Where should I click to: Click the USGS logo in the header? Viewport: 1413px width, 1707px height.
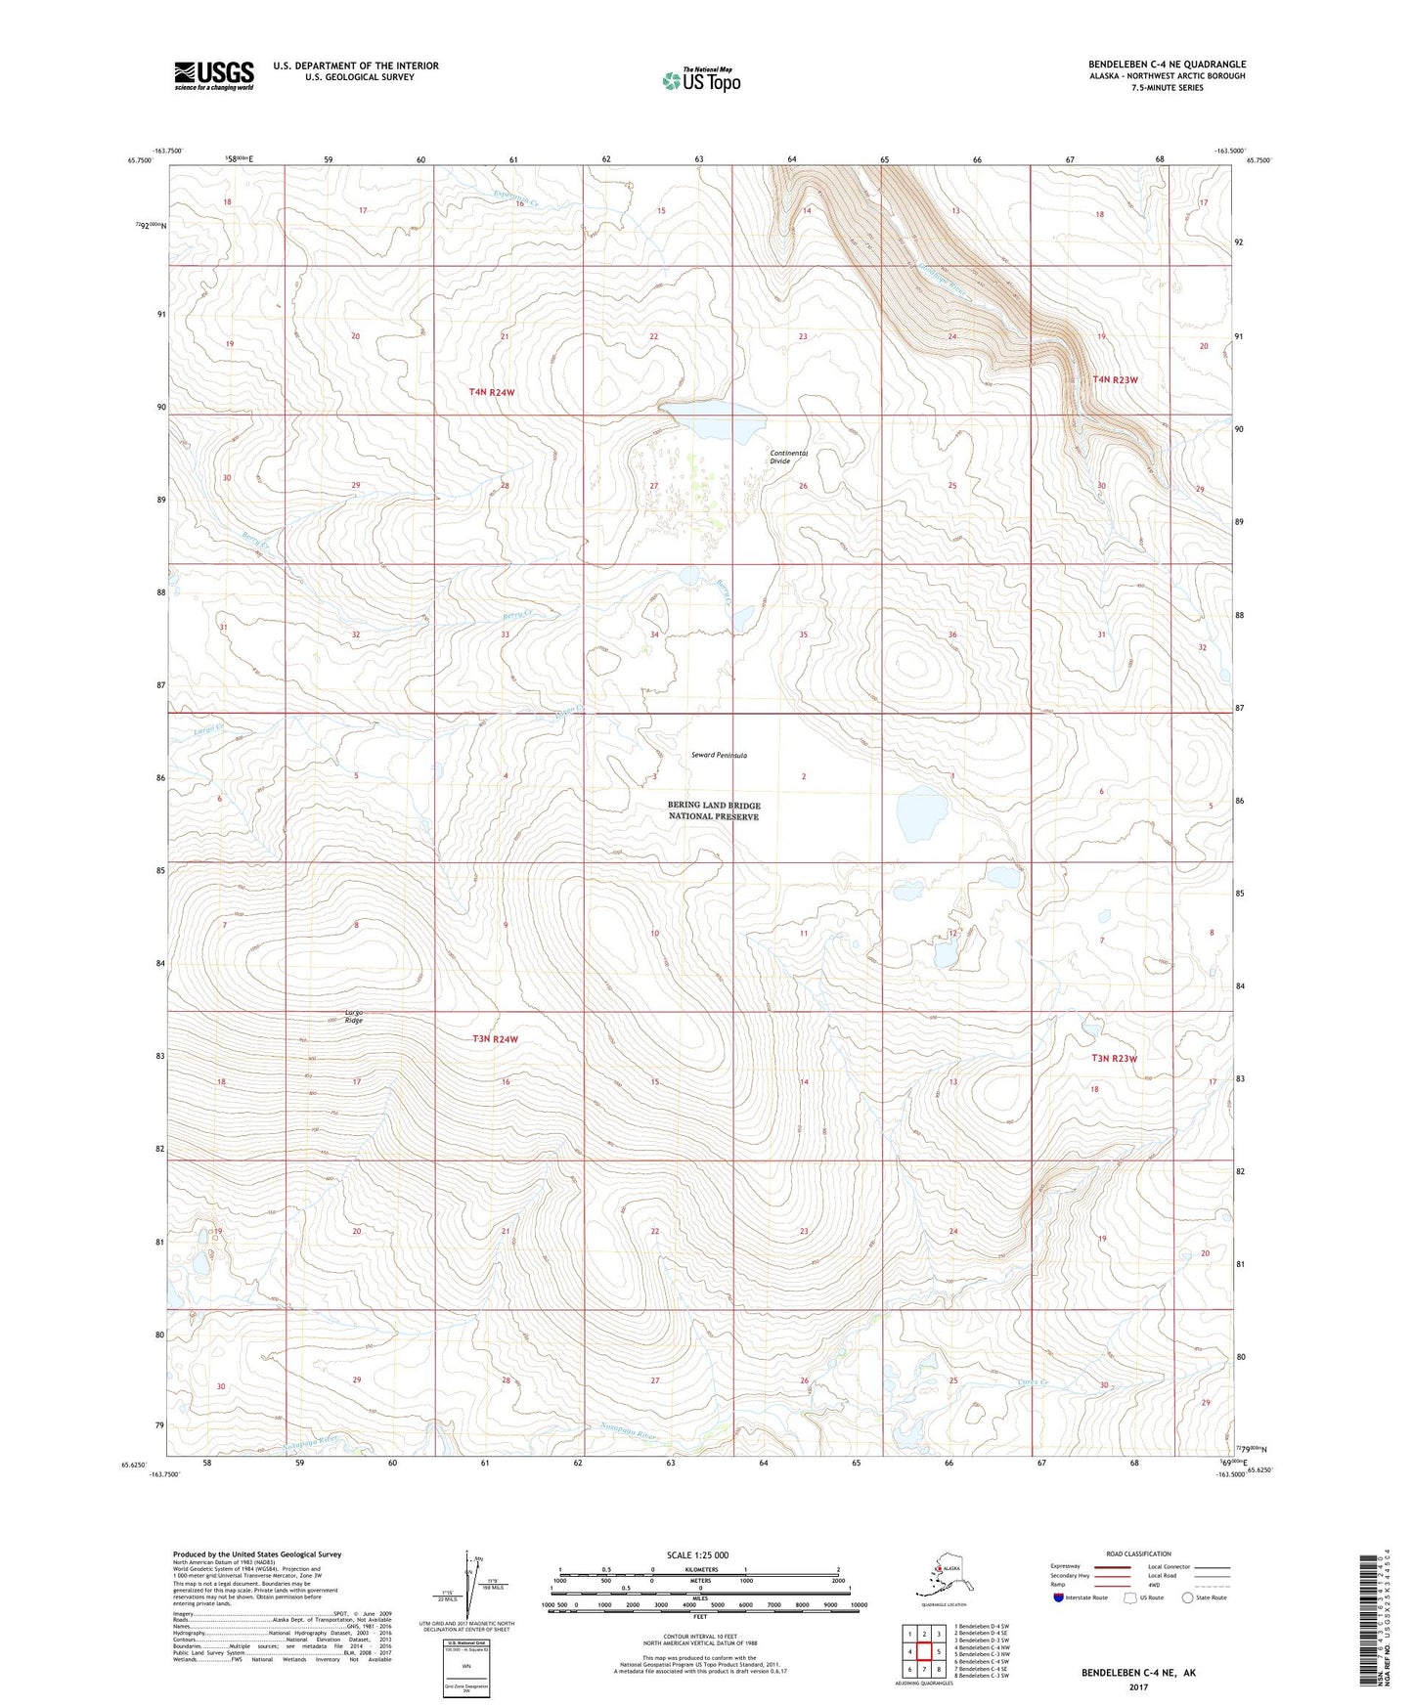[213, 75]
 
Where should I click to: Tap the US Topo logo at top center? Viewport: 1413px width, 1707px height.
[700, 80]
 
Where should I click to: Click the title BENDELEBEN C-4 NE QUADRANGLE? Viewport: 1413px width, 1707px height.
[1167, 65]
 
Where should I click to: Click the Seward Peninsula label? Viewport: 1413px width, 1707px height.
[719, 756]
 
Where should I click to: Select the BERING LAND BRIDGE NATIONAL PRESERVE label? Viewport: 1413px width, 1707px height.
[714, 810]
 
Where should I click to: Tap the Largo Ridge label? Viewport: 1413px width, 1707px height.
[353, 1016]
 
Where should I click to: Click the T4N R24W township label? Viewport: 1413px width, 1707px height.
[491, 392]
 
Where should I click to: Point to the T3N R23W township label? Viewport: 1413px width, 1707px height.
[1115, 1058]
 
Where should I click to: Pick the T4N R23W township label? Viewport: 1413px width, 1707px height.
[1115, 379]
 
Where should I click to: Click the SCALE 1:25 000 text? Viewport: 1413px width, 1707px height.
[697, 1554]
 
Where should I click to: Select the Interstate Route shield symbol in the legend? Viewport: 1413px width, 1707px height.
[1059, 1598]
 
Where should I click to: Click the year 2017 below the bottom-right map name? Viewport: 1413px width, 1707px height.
[1138, 1686]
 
